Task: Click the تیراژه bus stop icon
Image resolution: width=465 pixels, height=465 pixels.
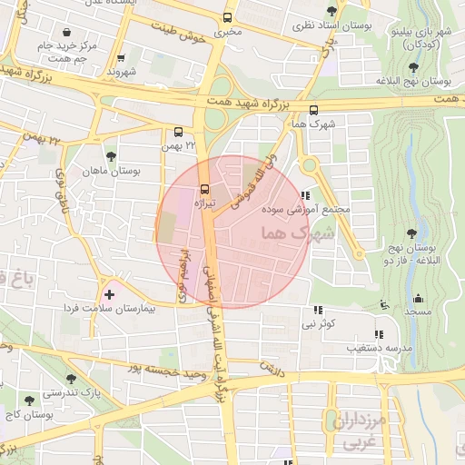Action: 203,190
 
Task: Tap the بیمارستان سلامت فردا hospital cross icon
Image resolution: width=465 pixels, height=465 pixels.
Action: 110,294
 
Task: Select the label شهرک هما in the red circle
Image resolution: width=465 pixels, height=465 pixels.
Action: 296,233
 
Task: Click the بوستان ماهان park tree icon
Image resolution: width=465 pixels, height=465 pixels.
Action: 111,156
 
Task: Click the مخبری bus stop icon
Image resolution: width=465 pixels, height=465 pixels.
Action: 227,16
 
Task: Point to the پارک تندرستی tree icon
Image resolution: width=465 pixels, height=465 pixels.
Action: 72,378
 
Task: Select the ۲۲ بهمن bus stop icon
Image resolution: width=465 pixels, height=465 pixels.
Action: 178,131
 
